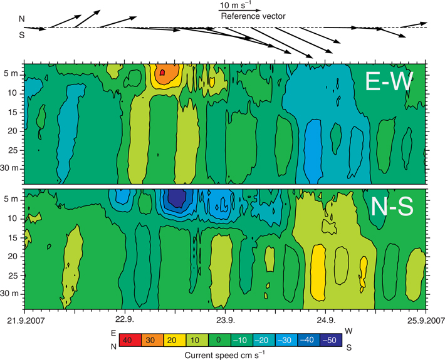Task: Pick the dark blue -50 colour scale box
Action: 330,340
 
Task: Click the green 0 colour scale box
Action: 217,340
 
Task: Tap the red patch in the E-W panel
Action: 162,73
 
